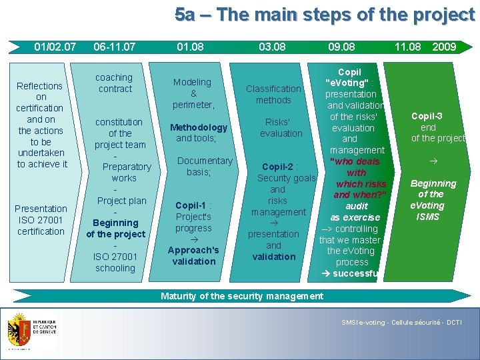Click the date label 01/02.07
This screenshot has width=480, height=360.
[55, 47]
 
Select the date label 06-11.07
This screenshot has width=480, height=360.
[114, 47]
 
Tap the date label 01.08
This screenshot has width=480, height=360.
[190, 47]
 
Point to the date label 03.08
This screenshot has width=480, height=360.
[272, 47]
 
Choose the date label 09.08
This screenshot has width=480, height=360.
[341, 47]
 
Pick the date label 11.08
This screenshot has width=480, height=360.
[407, 47]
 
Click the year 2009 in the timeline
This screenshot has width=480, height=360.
[444, 47]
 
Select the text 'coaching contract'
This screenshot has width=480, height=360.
[115, 83]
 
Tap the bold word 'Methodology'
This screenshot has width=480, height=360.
[199, 127]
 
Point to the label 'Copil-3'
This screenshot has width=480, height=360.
[427, 116]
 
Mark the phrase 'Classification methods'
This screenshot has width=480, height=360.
[273, 94]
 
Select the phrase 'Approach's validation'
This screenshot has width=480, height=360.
[193, 255]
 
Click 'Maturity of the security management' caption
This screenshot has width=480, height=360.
[242, 296]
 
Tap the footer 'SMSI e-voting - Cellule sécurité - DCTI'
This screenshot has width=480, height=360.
[401, 323]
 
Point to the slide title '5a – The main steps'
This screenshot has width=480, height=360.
[324, 15]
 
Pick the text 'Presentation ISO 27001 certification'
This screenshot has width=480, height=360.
[41, 220]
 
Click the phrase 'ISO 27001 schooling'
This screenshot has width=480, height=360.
[115, 262]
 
